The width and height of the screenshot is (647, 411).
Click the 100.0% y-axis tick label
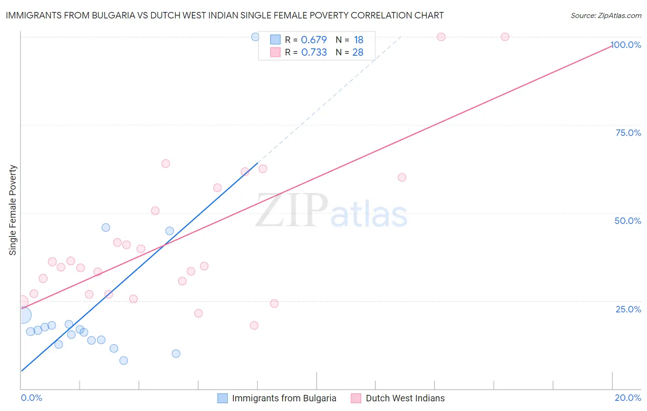pyautogui.click(x=626, y=45)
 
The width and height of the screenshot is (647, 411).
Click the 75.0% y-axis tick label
pyautogui.click(x=628, y=133)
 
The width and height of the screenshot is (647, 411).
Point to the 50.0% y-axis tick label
pyautogui.click(x=628, y=221)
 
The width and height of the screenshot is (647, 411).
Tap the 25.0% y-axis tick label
pyautogui.click(x=628, y=309)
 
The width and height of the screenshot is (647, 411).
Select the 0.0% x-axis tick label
pyautogui.click(x=31, y=398)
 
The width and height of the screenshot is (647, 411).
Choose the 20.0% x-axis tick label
pyautogui.click(x=628, y=398)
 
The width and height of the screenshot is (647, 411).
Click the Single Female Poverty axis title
pyautogui.click(x=13, y=210)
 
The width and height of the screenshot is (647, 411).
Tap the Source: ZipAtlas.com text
pyautogui.click(x=606, y=15)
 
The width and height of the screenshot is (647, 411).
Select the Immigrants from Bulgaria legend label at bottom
pyautogui.click(x=284, y=398)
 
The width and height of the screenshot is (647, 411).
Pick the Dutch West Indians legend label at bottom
pyautogui.click(x=405, y=398)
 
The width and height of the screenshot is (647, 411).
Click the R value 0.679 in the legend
pyautogui.click(x=314, y=40)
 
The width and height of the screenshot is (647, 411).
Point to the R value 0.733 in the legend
pyautogui.click(x=314, y=52)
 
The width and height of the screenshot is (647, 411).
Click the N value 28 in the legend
pyautogui.click(x=358, y=52)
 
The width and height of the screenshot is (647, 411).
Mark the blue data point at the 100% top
pyautogui.click(x=255, y=37)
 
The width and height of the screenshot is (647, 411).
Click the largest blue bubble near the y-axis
pyautogui.click(x=23, y=316)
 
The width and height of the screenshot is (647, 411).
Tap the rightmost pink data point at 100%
pyautogui.click(x=505, y=37)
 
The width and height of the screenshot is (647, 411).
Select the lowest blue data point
pyautogui.click(x=123, y=360)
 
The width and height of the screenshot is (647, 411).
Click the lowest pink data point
pyautogui.click(x=254, y=325)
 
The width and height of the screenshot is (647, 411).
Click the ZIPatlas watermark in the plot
pyautogui.click(x=331, y=211)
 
